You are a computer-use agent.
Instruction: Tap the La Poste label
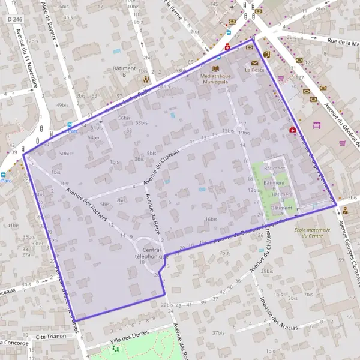(x=254, y=70)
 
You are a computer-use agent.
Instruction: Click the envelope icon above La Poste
(x=255, y=62)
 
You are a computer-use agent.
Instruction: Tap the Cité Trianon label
(x=49, y=338)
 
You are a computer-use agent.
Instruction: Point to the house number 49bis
(x=62, y=105)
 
